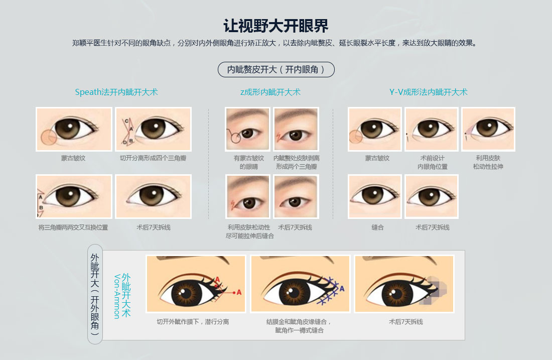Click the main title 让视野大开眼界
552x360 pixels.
click(276, 26)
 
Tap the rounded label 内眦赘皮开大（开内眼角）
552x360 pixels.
click(276, 69)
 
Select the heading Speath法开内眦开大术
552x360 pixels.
click(116, 92)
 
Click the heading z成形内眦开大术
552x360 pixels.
click(270, 92)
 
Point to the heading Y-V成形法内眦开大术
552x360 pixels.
click(428, 92)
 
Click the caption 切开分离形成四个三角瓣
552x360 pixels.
click(153, 158)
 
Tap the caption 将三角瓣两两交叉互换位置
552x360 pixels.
click(73, 227)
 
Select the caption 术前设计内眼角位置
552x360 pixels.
click(432, 162)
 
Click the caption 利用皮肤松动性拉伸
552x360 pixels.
click(488, 162)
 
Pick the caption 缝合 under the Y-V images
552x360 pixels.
click(377, 227)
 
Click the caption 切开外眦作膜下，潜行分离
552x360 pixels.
click(193, 322)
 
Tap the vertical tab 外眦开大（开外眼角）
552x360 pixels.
click(95, 294)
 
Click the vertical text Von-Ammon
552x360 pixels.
click(117, 296)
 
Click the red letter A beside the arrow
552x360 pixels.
click(239, 292)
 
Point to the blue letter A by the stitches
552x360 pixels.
click(342, 289)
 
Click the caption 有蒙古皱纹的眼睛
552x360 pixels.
click(248, 162)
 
